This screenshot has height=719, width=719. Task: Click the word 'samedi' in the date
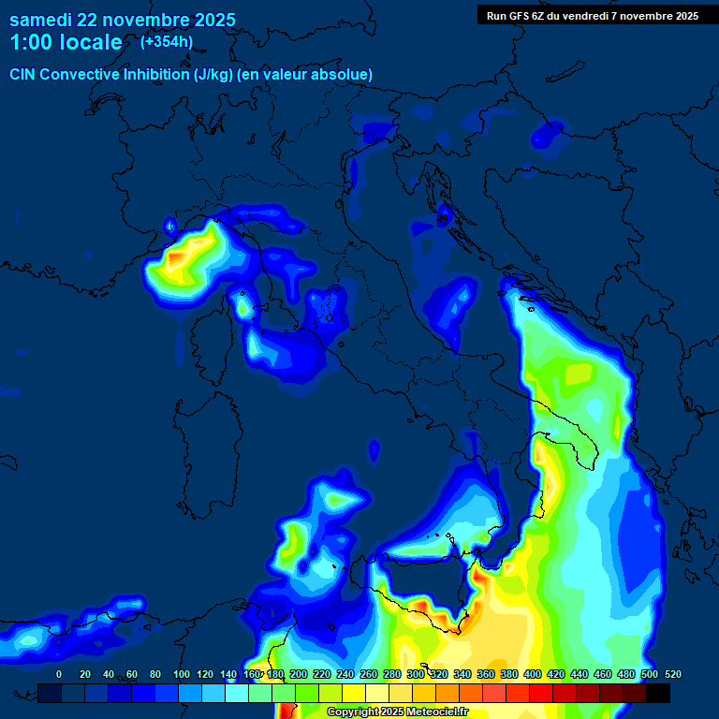click(40, 20)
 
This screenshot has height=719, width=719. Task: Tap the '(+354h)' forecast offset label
click(167, 41)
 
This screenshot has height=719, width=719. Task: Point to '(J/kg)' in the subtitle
click(216, 74)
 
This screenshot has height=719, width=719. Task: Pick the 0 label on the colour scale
click(59, 674)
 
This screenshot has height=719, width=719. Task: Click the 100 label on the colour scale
click(182, 674)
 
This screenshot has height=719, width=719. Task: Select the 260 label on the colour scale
click(369, 674)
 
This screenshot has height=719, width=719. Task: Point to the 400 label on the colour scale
click(533, 674)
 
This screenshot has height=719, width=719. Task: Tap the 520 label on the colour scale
click(672, 674)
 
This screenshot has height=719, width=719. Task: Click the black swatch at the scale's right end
click(658, 693)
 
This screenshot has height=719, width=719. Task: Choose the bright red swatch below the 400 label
click(541, 693)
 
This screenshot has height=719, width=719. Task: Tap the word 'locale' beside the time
click(93, 42)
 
